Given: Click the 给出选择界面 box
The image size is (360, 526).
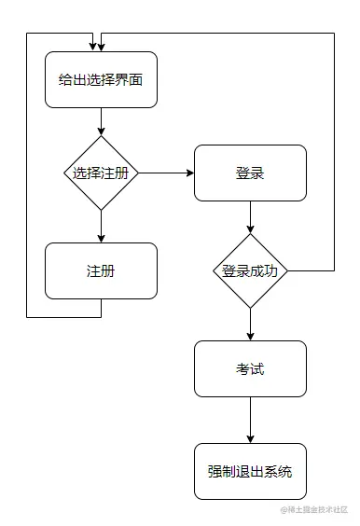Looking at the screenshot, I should [x=101, y=80].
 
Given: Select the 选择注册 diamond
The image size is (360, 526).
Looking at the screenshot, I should [x=101, y=173].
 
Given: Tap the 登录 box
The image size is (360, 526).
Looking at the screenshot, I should [x=250, y=173].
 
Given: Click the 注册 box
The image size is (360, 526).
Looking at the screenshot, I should [x=101, y=270].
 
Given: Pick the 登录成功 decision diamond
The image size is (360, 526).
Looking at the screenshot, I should [x=250, y=270].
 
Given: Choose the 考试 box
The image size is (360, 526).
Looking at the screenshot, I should [x=250, y=368].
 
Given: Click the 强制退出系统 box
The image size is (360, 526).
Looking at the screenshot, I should [x=250, y=471].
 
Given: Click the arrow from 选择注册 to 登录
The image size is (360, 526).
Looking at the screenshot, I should [x=165, y=173].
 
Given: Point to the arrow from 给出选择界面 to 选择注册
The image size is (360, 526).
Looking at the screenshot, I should [x=101, y=121].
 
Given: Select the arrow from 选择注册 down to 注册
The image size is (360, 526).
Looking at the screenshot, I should [x=101, y=226].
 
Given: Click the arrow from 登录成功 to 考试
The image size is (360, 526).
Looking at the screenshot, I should [x=250, y=324].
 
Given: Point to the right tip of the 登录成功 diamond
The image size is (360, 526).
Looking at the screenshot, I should [x=287, y=270].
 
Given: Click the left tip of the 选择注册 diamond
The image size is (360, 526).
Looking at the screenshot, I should [x=64, y=173].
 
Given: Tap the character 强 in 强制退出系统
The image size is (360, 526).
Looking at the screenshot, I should [x=215, y=471].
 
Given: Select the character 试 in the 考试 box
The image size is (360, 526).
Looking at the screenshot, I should [x=257, y=368].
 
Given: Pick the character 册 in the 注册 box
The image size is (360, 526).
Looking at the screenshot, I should [x=108, y=270].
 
